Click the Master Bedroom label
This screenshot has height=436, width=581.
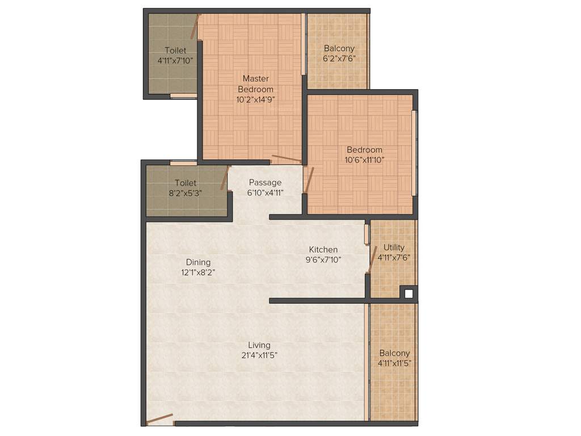[255, 83]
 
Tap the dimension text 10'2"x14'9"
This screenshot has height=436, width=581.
[255, 99]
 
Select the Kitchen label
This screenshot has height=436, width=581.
[323, 249]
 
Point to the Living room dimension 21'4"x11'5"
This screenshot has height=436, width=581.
[259, 355]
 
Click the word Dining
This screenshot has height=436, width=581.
[198, 262]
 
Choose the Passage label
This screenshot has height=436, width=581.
[265, 182]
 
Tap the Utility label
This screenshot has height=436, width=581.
[394, 247]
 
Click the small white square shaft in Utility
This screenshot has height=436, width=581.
[408, 294]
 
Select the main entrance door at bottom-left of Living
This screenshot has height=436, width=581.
[159, 420]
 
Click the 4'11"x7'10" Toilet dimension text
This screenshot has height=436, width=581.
[176, 60]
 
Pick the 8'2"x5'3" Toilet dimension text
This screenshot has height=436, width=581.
[185, 192]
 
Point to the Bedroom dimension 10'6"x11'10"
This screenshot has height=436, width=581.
[365, 160]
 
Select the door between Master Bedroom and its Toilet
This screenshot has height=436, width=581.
[195, 26]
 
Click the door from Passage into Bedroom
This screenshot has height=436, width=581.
[309, 180]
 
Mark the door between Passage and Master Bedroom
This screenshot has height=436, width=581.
[286, 159]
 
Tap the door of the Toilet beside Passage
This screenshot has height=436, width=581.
[225, 178]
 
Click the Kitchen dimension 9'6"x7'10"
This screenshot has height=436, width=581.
[323, 259]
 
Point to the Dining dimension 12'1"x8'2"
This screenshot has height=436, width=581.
[198, 272]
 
